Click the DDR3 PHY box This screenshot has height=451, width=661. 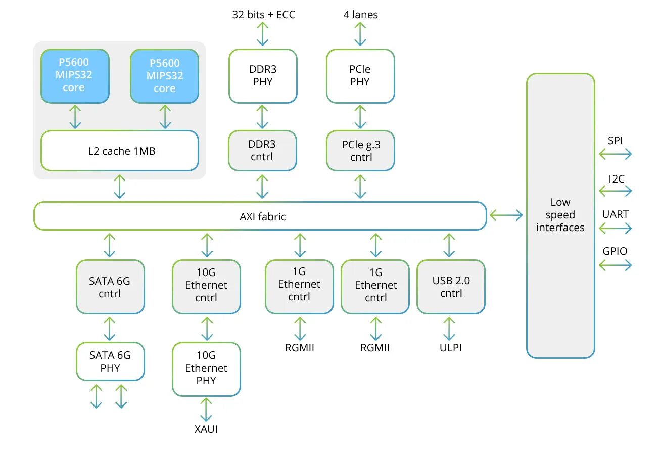pyautogui.click(x=263, y=76)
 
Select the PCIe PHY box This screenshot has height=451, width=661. pyautogui.click(x=360, y=76)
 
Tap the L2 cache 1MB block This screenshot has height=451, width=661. pyautogui.click(x=120, y=151)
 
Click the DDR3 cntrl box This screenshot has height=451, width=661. pyautogui.click(x=262, y=151)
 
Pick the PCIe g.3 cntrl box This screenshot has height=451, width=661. pyautogui.click(x=360, y=151)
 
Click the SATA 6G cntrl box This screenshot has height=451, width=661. pyautogui.click(x=110, y=287)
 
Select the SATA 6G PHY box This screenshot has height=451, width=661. pyautogui.click(x=110, y=362)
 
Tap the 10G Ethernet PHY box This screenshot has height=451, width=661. pyautogui.click(x=206, y=369)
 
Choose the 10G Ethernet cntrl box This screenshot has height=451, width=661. pyautogui.click(x=206, y=287)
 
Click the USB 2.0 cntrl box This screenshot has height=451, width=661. pyautogui.click(x=451, y=287)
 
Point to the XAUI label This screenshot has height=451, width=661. pyautogui.click(x=206, y=429)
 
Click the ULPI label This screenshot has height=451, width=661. pyautogui.click(x=451, y=348)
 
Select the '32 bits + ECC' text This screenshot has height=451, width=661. pyautogui.click(x=263, y=15)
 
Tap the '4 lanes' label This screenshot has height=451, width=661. pyautogui.click(x=361, y=15)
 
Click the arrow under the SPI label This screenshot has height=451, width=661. pyautogui.click(x=615, y=154)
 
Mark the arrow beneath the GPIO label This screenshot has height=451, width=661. pyautogui.click(x=615, y=265)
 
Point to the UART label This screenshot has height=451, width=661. pyautogui.click(x=615, y=214)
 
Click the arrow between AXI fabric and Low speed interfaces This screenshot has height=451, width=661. pyautogui.click(x=506, y=215)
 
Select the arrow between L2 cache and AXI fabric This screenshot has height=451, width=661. pyautogui.click(x=119, y=187)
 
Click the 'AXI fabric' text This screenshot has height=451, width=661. pyautogui.click(x=263, y=216)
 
